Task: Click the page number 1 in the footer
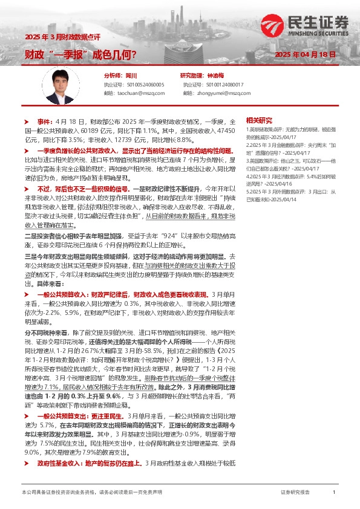point(334,493)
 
